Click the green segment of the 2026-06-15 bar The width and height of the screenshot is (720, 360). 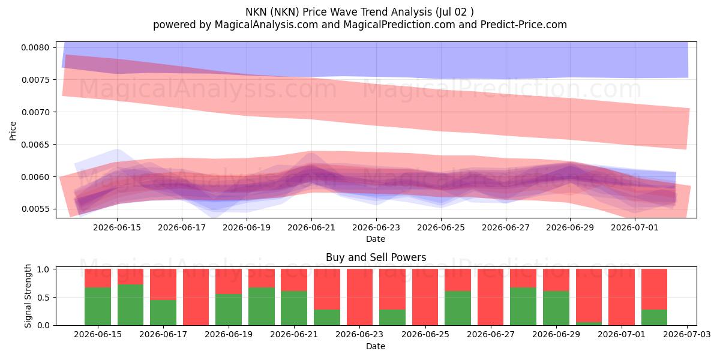(x=98, y=306)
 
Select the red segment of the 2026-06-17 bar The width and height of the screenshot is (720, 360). (x=163, y=284)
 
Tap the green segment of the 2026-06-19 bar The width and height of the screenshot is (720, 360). (x=229, y=310)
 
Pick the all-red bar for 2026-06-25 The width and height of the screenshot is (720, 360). (x=425, y=297)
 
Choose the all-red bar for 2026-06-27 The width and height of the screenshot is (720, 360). (x=491, y=297)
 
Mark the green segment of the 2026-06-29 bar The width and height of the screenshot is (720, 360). (x=556, y=308)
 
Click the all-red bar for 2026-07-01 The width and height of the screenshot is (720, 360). (x=622, y=297)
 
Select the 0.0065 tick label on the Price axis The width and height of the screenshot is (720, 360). (x=35, y=145)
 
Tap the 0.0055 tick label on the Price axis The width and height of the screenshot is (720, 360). (x=35, y=209)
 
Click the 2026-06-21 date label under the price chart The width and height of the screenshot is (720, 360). (x=311, y=227)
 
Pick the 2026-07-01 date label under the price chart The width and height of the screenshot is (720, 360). (x=635, y=227)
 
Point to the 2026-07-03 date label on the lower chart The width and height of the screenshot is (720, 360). (x=687, y=335)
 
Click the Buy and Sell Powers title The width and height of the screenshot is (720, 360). (x=376, y=257)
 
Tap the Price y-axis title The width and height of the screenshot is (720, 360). (x=13, y=131)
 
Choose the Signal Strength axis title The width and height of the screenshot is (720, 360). (x=28, y=296)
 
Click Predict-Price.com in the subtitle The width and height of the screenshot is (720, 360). (x=524, y=25)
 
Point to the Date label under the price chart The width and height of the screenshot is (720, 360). (x=376, y=239)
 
